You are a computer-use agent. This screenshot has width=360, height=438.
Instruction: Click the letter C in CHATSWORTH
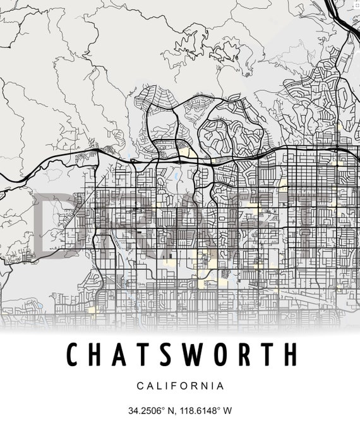click(74, 355)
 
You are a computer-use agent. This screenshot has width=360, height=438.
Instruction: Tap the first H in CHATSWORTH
click(98, 355)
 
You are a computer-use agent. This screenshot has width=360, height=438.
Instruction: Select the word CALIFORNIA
click(180, 386)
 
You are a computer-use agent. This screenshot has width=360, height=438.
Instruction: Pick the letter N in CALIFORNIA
click(207, 386)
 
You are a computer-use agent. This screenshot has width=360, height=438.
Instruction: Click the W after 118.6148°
click(227, 410)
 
